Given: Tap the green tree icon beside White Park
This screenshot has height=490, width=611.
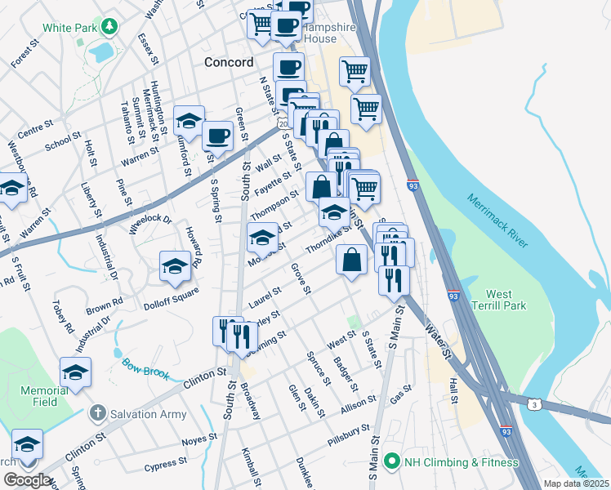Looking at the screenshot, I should [108, 27].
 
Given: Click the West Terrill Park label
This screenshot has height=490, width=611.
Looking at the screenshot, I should [511, 300].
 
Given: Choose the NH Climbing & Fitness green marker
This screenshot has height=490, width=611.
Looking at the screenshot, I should [391, 462].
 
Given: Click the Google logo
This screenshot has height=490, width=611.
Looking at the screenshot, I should [26, 480].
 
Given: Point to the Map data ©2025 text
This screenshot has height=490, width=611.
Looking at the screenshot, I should [576, 483].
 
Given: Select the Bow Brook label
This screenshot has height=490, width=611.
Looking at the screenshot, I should [145, 368].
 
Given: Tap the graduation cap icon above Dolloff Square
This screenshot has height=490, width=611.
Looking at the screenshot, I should [174, 266].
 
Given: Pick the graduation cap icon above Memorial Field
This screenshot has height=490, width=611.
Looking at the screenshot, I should [75, 372].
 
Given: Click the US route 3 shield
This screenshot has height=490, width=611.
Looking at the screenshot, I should [534, 404].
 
